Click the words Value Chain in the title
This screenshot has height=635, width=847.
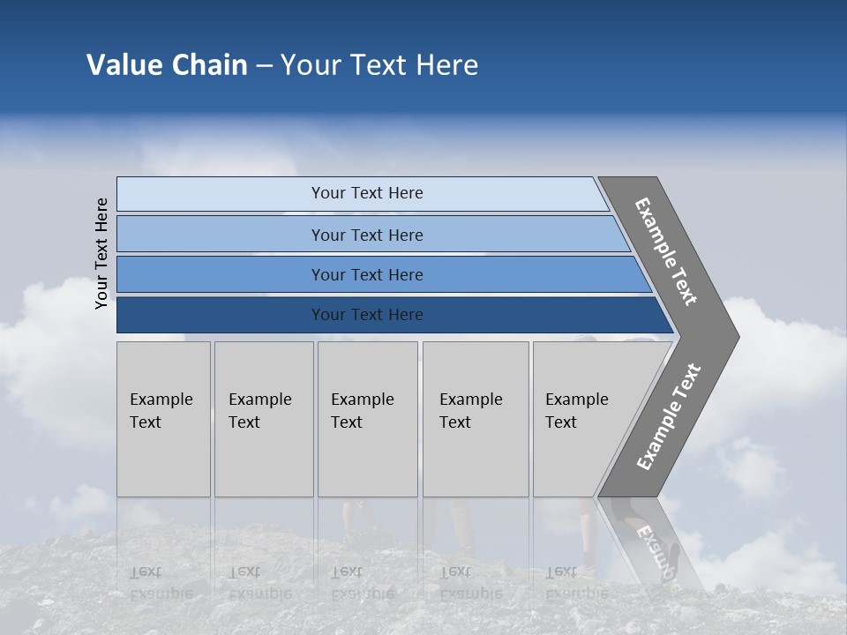(167, 65)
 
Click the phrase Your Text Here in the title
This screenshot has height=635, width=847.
(379, 65)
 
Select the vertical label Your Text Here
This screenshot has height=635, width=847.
(101, 253)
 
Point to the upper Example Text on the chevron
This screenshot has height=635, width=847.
(666, 251)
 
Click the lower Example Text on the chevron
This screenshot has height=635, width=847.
(669, 417)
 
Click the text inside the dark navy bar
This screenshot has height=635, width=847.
(367, 315)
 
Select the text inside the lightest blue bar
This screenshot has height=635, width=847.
(367, 193)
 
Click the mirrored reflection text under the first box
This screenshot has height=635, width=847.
(161, 582)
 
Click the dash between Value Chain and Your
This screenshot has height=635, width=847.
(264, 66)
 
